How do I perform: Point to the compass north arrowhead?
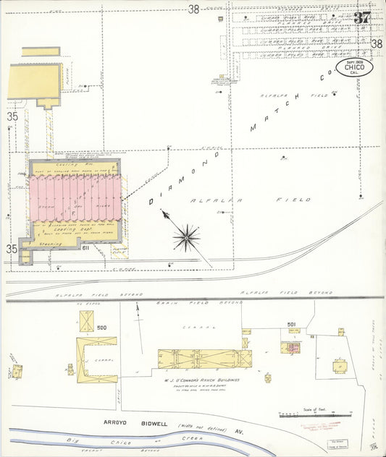pos(164,213)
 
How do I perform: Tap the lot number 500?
pos(101,328)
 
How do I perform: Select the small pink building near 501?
pos(293,349)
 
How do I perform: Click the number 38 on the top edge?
pos(193,9)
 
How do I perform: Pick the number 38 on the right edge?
pos(377,44)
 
